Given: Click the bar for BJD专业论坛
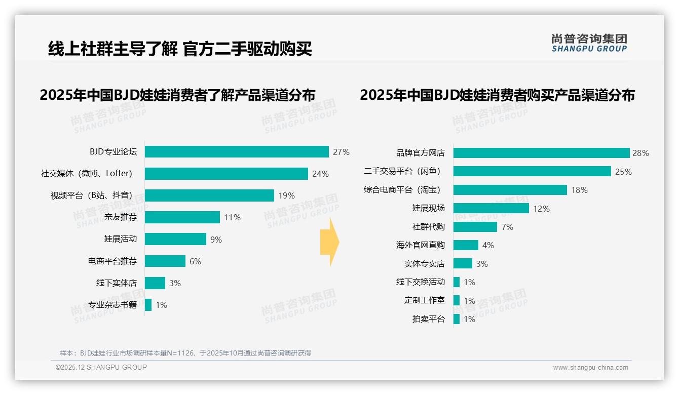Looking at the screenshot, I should [x=237, y=151].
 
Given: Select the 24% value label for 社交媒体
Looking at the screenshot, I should [x=320, y=174].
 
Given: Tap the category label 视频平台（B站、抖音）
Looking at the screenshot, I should [x=94, y=195].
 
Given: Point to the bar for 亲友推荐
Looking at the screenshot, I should [x=182, y=217].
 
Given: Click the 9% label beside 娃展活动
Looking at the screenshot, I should [x=216, y=240].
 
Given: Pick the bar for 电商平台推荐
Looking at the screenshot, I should [x=165, y=261].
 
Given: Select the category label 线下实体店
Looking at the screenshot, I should [x=117, y=283].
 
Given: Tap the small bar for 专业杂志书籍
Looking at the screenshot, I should [x=148, y=305].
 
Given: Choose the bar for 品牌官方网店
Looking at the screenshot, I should [x=541, y=153].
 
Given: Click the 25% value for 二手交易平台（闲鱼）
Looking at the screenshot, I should [x=623, y=172].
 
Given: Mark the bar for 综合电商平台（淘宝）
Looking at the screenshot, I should [x=510, y=190].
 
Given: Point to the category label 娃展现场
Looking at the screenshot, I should [x=428, y=208].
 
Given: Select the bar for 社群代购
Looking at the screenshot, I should [x=475, y=227].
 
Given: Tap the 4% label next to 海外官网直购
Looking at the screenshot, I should [x=488, y=245].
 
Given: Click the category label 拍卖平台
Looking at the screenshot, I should [x=428, y=319].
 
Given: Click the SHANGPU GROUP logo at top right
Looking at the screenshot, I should [x=589, y=43].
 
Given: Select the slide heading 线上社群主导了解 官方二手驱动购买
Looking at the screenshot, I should [x=180, y=49].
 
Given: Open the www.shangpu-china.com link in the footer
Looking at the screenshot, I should [x=590, y=368].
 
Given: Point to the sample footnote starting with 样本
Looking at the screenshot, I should [x=185, y=353].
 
